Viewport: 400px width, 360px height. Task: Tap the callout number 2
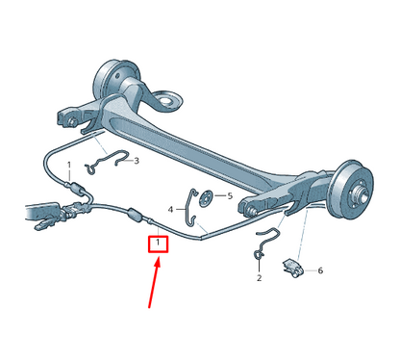(259, 278)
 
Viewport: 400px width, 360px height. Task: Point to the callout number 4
(171, 209)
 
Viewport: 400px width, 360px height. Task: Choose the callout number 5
(230, 196)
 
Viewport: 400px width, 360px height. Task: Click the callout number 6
(320, 270)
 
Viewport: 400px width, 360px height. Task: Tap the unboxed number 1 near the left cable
(69, 166)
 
